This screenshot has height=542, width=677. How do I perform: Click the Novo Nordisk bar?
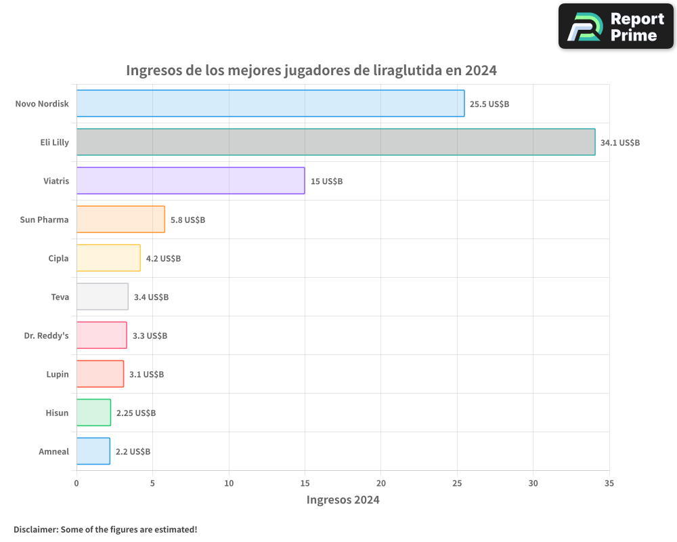point(270,104)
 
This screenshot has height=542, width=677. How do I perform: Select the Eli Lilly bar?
point(336,142)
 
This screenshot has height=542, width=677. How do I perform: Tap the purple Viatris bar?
point(190,181)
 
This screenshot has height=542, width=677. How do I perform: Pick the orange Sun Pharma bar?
point(121,220)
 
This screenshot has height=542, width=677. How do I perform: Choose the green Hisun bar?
point(93,413)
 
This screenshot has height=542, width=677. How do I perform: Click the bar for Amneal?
point(93,451)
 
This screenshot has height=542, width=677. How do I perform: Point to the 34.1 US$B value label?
point(620,143)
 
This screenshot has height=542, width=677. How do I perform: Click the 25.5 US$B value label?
point(489,104)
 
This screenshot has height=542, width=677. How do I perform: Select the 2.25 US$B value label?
point(136,413)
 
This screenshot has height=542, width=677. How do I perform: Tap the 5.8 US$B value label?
point(188,220)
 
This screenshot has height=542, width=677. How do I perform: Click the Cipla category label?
point(58,258)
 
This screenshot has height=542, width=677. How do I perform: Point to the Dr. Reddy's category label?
point(46,335)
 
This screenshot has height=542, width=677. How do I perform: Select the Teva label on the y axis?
point(60,297)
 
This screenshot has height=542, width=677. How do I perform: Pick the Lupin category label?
point(57,374)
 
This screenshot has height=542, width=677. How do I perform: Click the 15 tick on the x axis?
point(305,483)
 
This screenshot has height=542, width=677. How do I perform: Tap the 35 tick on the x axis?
point(609,483)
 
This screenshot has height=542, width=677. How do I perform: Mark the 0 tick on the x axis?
point(77,483)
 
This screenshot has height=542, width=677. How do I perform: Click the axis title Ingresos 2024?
point(343,500)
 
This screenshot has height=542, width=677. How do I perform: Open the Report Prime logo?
point(616,26)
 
